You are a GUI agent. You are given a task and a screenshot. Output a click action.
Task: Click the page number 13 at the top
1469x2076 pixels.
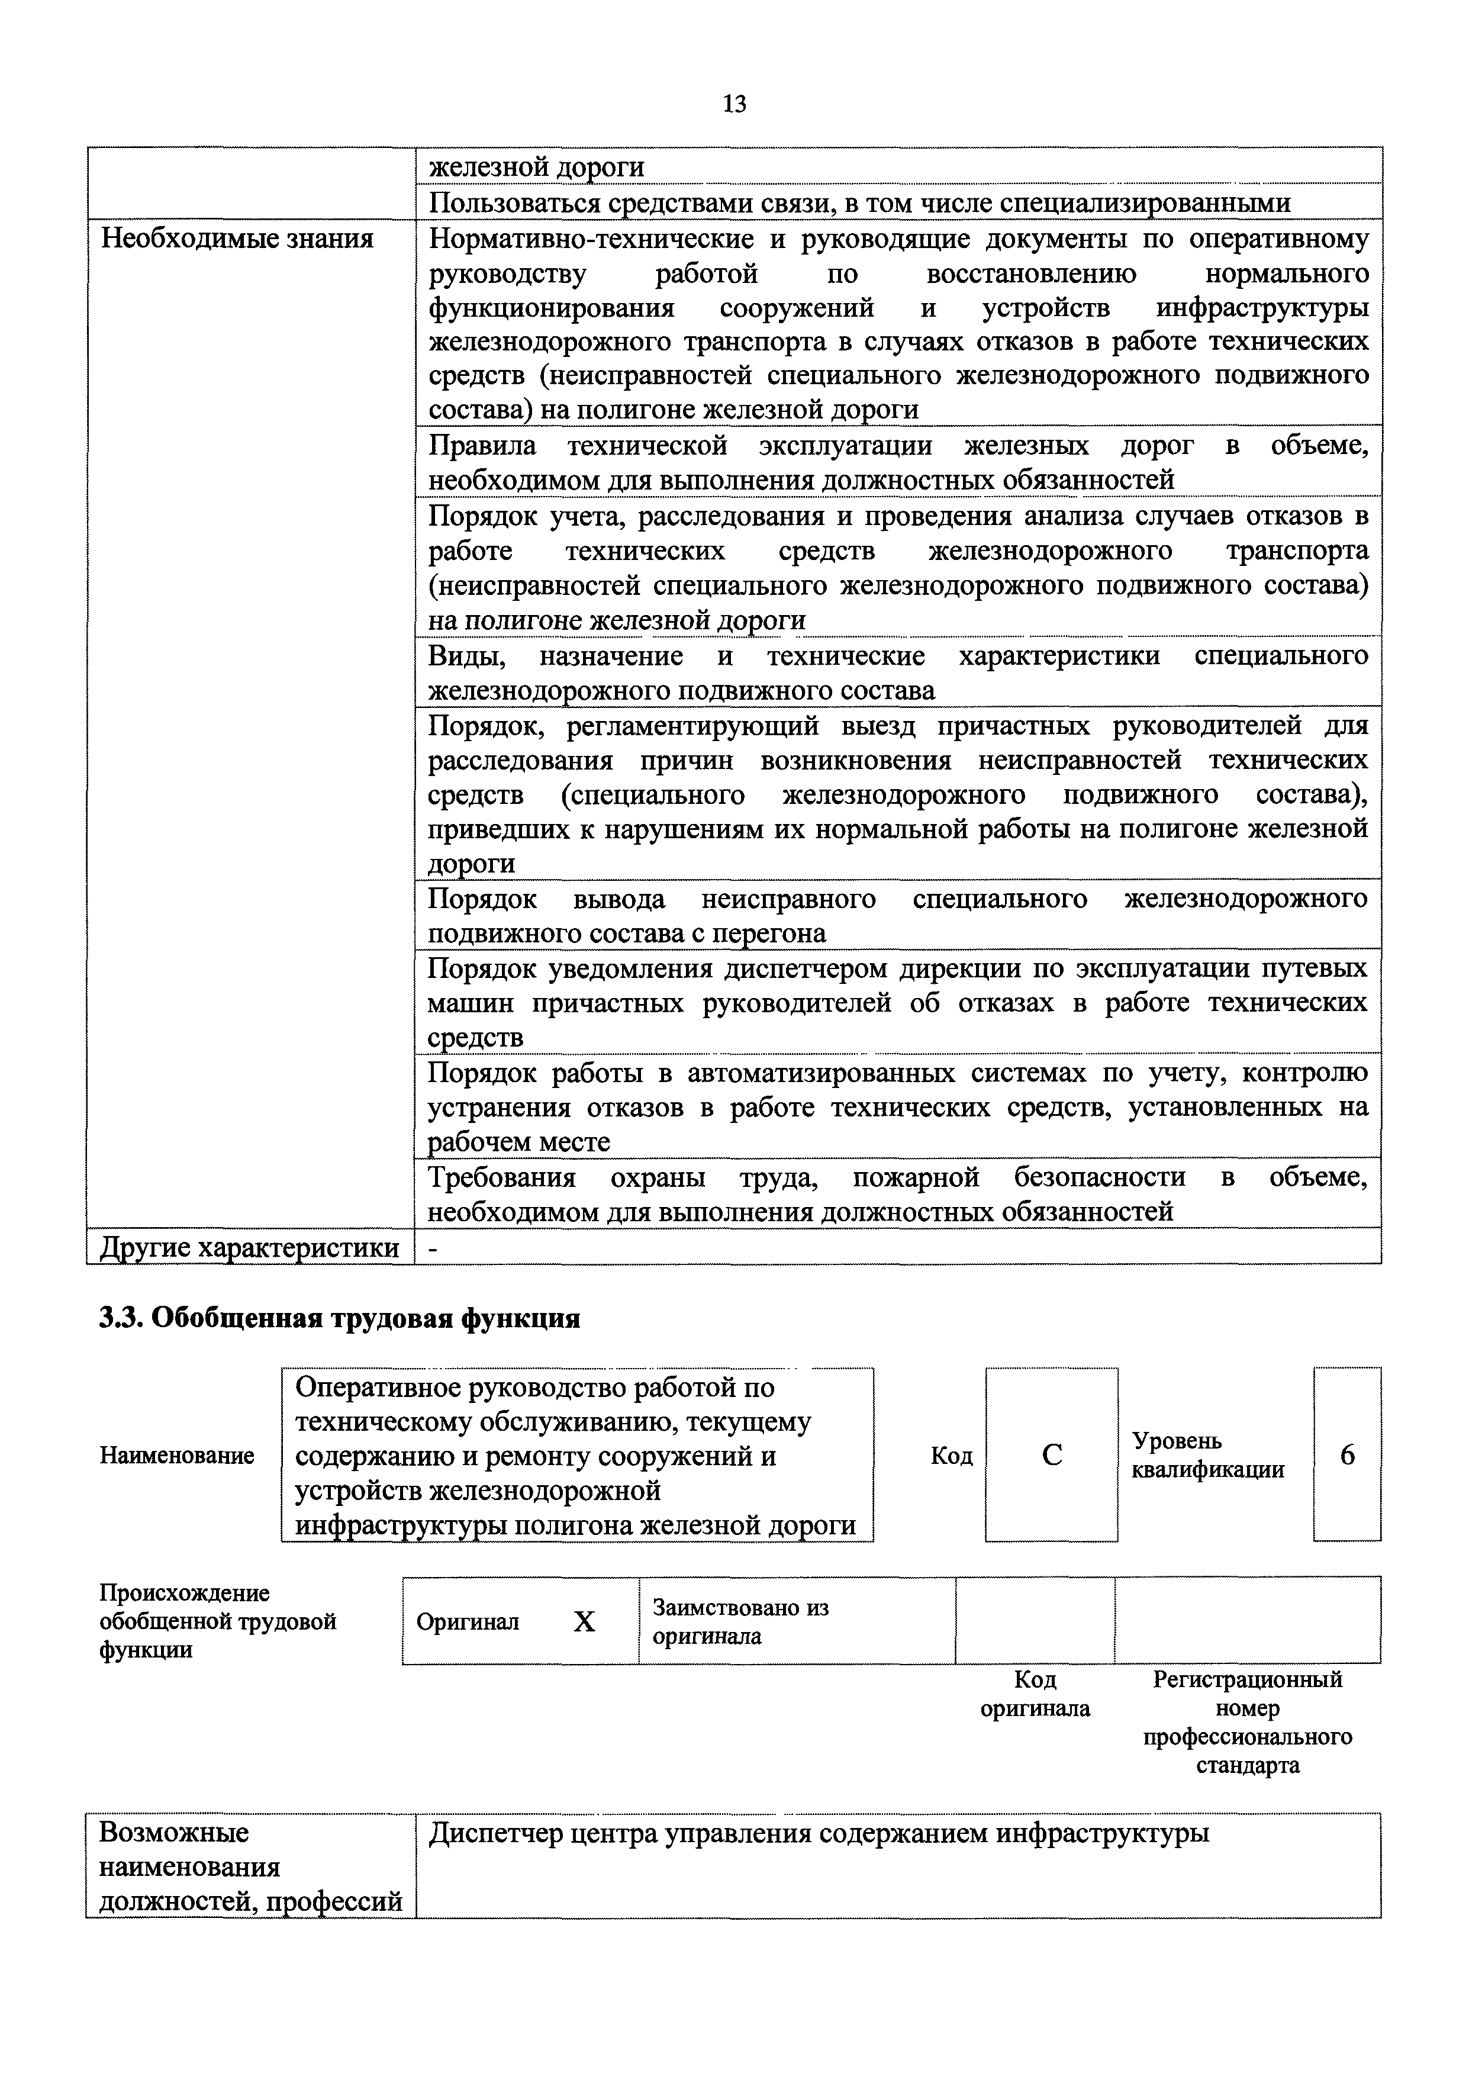(x=734, y=105)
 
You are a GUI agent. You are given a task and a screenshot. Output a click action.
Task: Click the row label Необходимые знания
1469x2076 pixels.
(x=236, y=239)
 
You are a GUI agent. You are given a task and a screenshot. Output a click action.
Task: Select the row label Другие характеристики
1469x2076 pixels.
(x=249, y=1247)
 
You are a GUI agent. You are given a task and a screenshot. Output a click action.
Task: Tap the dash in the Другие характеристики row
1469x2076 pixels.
(x=433, y=1247)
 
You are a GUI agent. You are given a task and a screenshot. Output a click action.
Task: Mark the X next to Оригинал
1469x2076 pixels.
(x=584, y=1622)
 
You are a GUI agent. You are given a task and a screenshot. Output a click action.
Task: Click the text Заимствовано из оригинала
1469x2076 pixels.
(x=740, y=1622)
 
